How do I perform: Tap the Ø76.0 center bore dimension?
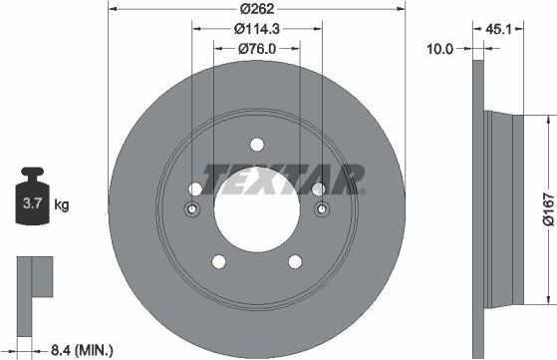pyautogui.click(x=255, y=49)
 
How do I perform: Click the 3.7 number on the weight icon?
pyautogui.click(x=32, y=206)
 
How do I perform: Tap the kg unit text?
pyautogui.click(x=61, y=206)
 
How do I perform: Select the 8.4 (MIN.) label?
pyautogui.click(x=80, y=349)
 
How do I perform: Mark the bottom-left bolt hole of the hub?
pyautogui.click(x=217, y=261)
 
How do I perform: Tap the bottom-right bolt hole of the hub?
pyautogui.click(x=295, y=261)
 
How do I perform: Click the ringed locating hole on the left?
pyautogui.click(x=192, y=209)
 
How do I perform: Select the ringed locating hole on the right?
pyautogui.click(x=321, y=209)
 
